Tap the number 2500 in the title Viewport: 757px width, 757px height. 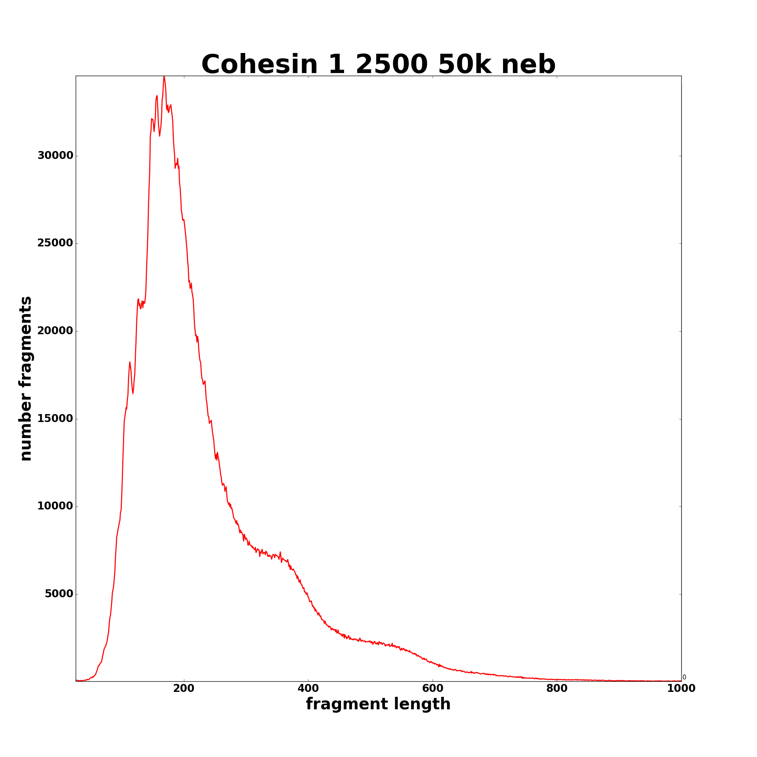(x=391, y=65)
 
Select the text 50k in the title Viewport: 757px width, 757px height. (x=464, y=65)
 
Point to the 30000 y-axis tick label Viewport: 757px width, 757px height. (x=55, y=156)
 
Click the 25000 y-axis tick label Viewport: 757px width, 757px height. (x=55, y=243)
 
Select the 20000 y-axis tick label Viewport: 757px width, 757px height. (x=55, y=331)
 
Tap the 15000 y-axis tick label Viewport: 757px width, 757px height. (x=55, y=419)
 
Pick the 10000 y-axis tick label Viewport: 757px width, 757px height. (x=55, y=506)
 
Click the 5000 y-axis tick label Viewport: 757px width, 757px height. (x=59, y=593)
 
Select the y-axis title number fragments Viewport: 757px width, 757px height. (x=25, y=378)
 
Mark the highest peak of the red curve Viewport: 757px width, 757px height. (x=164, y=77)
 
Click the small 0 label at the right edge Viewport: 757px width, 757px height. (x=684, y=677)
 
